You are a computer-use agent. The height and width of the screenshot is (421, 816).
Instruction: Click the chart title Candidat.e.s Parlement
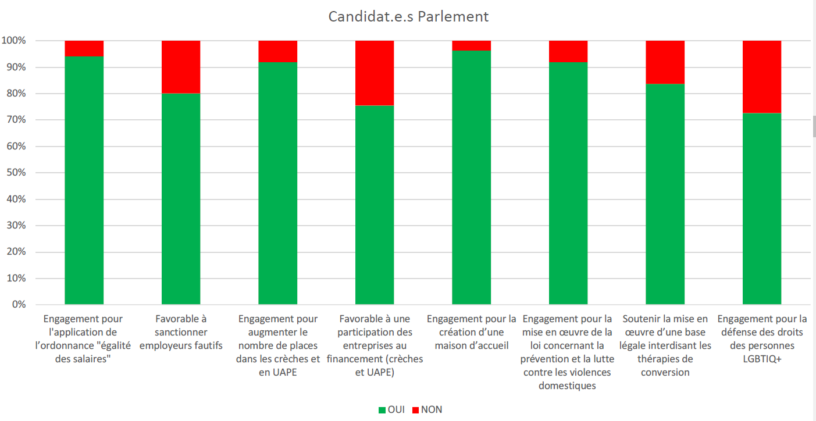coord(408,16)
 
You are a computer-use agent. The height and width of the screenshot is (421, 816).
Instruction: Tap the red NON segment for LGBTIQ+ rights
coord(762,77)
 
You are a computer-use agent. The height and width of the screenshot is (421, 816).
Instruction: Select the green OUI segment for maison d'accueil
coord(471,177)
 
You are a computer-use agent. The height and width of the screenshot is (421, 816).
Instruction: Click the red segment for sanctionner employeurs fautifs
coord(181,67)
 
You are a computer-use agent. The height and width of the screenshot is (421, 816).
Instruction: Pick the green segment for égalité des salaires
coord(84,180)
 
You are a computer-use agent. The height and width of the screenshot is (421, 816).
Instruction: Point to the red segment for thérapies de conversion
coord(665,62)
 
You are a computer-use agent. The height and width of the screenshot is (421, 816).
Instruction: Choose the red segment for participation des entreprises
coord(375,73)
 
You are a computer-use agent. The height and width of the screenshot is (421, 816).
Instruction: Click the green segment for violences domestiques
coord(568,183)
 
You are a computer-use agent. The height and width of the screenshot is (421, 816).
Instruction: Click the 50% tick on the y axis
coord(16,173)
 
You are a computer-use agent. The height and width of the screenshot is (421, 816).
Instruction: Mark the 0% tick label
coord(18,305)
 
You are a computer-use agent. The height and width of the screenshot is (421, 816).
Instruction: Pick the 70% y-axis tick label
coord(16,120)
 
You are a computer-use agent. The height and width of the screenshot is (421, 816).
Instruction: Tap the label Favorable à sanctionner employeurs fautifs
coord(181,332)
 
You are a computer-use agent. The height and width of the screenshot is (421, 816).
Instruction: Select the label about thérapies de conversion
coord(665,345)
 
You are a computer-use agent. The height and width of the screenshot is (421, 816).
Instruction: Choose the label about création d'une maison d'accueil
coord(471,332)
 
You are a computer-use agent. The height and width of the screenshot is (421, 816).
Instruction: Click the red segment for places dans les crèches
coord(277,51)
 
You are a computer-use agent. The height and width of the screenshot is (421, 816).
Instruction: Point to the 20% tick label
coord(16,252)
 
